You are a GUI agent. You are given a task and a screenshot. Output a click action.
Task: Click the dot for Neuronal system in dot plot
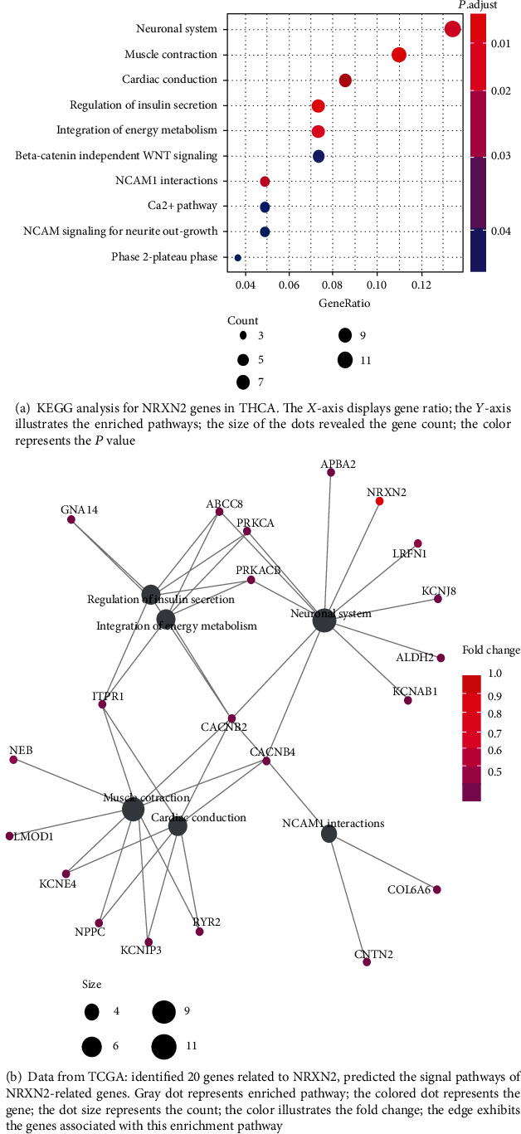click(452, 29)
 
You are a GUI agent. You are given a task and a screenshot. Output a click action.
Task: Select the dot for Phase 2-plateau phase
click(238, 258)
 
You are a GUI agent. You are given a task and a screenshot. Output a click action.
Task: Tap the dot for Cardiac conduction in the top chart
click(345, 80)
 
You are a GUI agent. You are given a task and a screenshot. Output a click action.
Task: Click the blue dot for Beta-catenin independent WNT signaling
click(319, 156)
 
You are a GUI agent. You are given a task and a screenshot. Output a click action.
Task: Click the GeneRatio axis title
click(344, 303)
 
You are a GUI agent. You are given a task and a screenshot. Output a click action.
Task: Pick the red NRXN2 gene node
click(379, 501)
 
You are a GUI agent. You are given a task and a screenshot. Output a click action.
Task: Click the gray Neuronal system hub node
click(324, 620)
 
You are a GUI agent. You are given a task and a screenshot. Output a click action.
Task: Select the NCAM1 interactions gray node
click(329, 835)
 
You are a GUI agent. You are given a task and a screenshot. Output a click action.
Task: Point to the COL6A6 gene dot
click(437, 889)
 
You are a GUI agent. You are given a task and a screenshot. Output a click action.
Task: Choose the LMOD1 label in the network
click(33, 836)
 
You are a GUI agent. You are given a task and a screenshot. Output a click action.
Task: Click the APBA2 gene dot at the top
click(331, 472)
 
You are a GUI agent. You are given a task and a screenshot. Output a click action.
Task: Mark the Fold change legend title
click(491, 650)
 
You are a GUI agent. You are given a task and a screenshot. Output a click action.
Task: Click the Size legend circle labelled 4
click(91, 1012)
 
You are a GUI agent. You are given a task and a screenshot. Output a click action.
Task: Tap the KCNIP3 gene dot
click(149, 942)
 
